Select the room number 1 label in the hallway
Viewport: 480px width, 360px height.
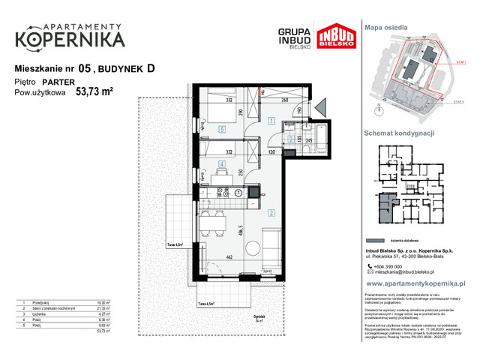(271, 120)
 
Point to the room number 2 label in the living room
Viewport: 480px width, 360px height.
(271, 212)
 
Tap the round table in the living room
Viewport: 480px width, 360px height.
(256, 247)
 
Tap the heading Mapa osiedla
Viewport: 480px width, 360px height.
(387, 25)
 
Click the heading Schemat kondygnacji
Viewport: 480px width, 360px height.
(399, 132)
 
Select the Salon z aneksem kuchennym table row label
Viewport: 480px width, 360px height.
(52, 307)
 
